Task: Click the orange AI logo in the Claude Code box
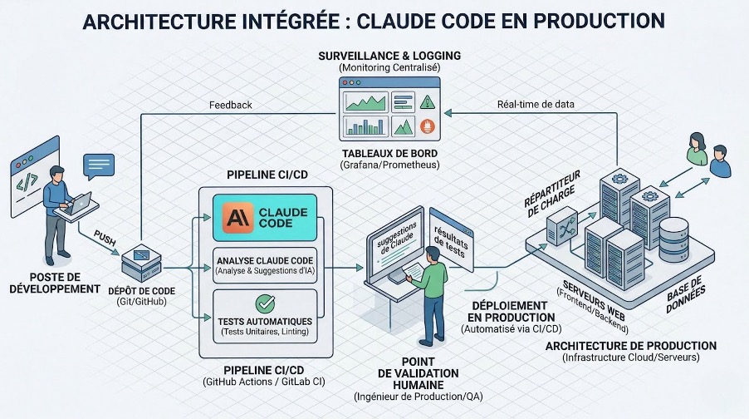(237, 218)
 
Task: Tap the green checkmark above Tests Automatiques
(265, 303)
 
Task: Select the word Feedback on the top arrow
(231, 106)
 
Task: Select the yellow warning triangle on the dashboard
(427, 102)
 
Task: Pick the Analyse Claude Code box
(265, 265)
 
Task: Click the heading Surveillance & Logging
(389, 55)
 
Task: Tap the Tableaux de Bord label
(389, 155)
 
